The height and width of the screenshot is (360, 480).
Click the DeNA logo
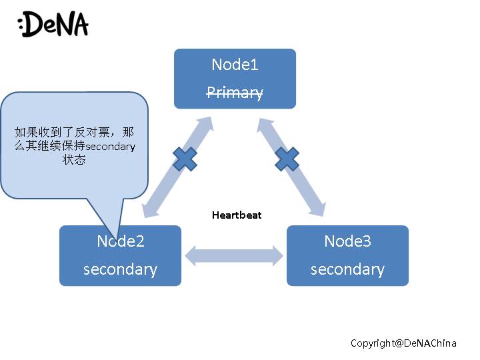(x=53, y=25)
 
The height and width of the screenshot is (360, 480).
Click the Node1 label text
(x=235, y=65)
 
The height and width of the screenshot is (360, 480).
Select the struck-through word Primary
(x=235, y=93)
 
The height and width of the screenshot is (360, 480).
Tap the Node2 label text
(x=121, y=241)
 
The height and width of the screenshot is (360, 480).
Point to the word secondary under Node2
(x=120, y=269)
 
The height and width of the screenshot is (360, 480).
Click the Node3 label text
(x=347, y=241)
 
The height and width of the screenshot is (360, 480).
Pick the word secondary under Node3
(x=347, y=269)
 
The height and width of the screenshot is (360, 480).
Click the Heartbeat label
(x=237, y=215)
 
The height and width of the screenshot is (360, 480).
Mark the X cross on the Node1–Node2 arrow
(x=185, y=159)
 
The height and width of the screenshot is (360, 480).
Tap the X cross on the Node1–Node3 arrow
(x=287, y=159)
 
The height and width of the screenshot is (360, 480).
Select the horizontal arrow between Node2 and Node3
(x=234, y=256)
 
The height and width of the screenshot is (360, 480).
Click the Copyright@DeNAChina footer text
(x=403, y=343)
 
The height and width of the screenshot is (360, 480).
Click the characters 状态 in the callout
(x=75, y=161)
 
